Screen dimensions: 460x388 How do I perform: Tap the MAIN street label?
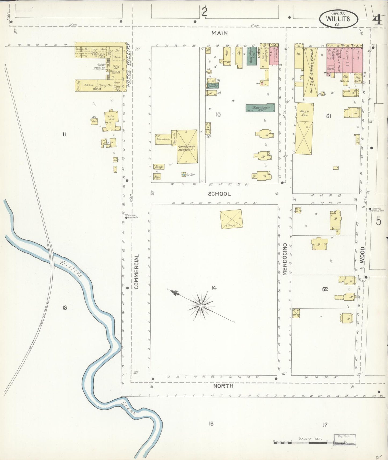coord(219,33)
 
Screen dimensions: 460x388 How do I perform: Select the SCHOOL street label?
coord(219,194)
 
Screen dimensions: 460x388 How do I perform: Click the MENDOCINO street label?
coord(285,259)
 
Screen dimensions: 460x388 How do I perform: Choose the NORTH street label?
coord(223,386)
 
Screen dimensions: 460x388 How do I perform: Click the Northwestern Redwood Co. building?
coord(187,147)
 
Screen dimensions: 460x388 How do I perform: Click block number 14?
coord(214,288)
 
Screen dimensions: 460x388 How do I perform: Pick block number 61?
coord(328,116)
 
